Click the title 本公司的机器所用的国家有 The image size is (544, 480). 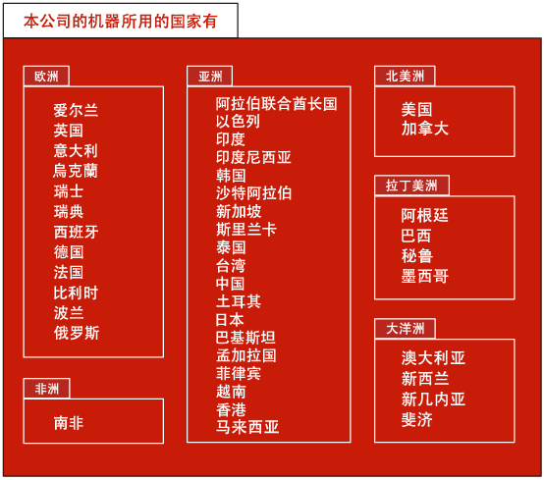[121, 22]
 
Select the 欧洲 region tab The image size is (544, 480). [46, 76]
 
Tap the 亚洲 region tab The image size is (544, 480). [210, 76]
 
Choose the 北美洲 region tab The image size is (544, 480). [405, 76]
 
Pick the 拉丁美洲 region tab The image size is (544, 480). [411, 186]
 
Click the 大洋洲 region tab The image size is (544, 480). [405, 329]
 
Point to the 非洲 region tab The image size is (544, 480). [47, 389]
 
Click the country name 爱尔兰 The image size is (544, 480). [76, 110]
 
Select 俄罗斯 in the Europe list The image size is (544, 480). [77, 333]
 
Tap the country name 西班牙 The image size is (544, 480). [76, 232]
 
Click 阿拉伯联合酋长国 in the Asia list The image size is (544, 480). [276, 104]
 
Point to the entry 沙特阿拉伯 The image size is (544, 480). [253, 193]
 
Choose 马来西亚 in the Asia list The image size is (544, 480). [247, 427]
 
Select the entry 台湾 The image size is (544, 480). [231, 266]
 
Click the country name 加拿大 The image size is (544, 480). [424, 129]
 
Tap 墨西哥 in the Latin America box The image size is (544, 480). [424, 276]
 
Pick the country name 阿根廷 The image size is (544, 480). [424, 215]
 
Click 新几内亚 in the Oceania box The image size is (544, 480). [433, 399]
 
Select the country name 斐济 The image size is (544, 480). [416, 420]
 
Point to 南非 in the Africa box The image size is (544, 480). [69, 423]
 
